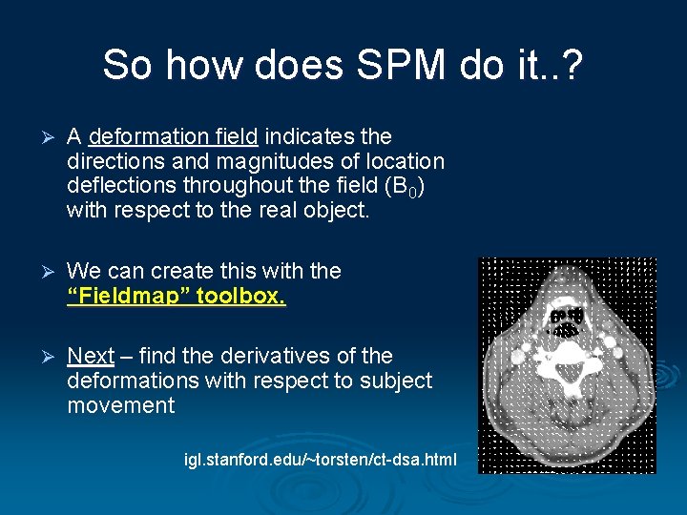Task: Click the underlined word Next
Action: point(91,356)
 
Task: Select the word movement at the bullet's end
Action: point(121,405)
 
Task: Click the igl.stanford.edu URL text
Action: point(321,461)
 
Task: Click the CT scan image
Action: point(567,365)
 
